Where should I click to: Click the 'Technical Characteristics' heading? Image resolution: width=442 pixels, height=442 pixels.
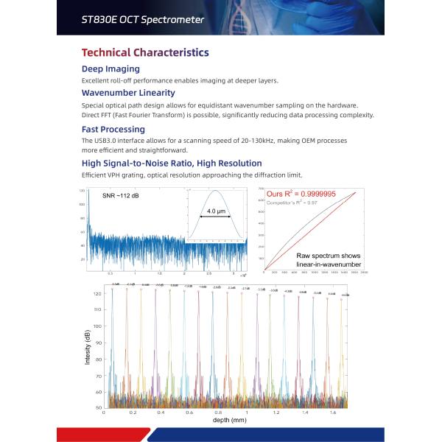(x=144, y=52)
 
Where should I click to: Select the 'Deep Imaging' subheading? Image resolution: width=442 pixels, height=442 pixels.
(x=110, y=69)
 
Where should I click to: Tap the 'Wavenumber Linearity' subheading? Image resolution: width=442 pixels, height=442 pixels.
(x=128, y=93)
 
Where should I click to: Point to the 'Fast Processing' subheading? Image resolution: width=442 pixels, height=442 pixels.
(x=113, y=129)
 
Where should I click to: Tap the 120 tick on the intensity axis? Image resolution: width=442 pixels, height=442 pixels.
(x=97, y=293)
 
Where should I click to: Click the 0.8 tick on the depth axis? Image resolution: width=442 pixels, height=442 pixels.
(x=217, y=413)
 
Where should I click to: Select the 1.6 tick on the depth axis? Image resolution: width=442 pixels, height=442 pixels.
(x=332, y=413)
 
